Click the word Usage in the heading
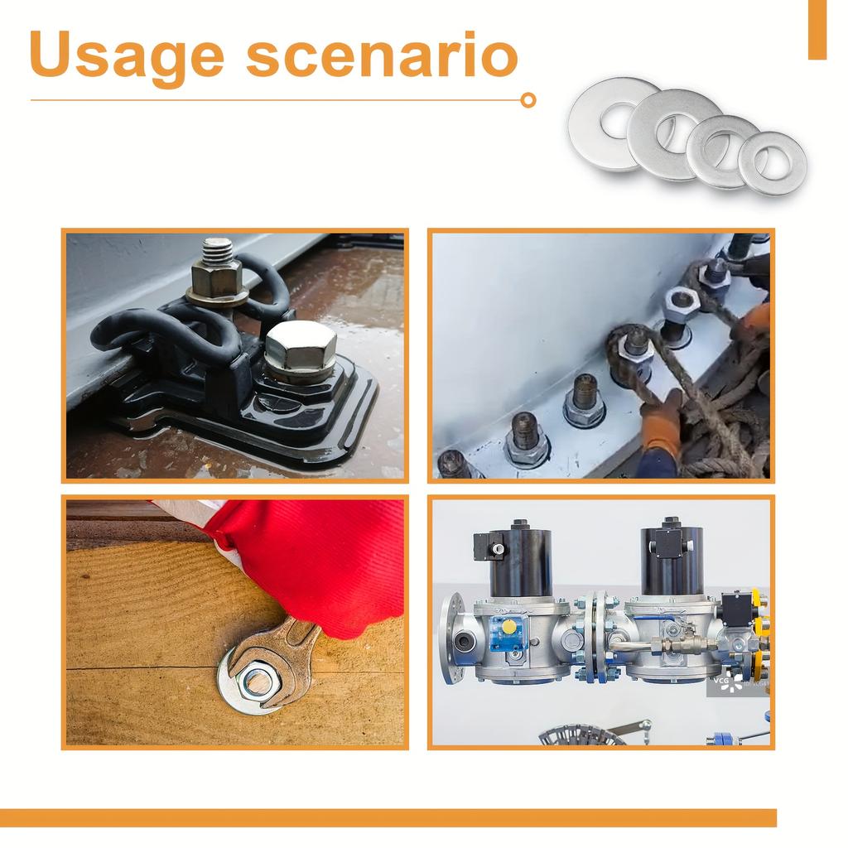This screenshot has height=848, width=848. tap(127, 56)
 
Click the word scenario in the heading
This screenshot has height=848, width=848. tap(382, 56)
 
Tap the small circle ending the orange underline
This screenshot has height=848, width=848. tap(528, 100)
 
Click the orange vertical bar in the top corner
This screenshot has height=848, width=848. tap(817, 29)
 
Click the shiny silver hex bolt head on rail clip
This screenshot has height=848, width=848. tap(300, 346)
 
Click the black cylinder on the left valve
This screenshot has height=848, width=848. tap(521, 559)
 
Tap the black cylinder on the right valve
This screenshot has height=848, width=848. tap(672, 559)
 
